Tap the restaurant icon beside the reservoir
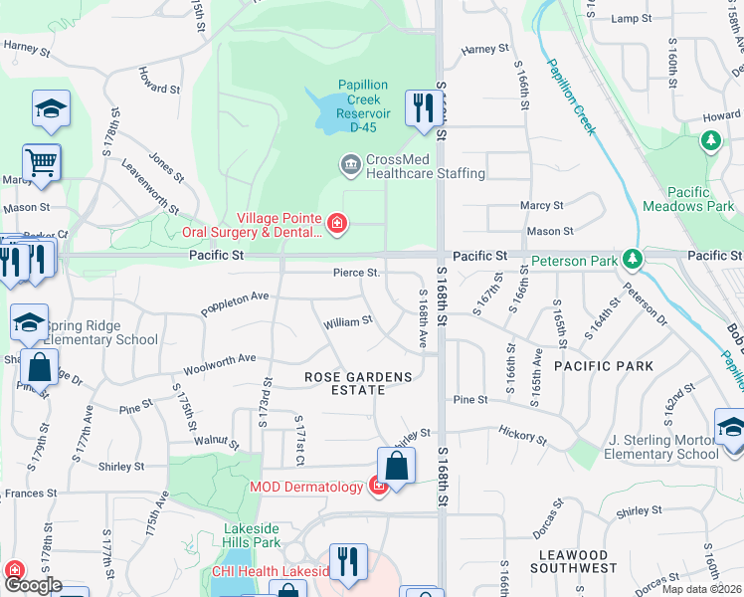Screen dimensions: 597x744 (x=423, y=107)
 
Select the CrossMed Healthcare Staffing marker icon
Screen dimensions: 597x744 (x=350, y=163)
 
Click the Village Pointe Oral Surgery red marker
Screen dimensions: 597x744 (x=337, y=223)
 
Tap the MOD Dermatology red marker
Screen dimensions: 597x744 (x=378, y=487)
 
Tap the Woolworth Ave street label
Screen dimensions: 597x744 (x=220, y=361)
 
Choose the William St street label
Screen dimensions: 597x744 (x=347, y=322)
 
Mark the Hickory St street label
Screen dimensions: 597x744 (x=522, y=436)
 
